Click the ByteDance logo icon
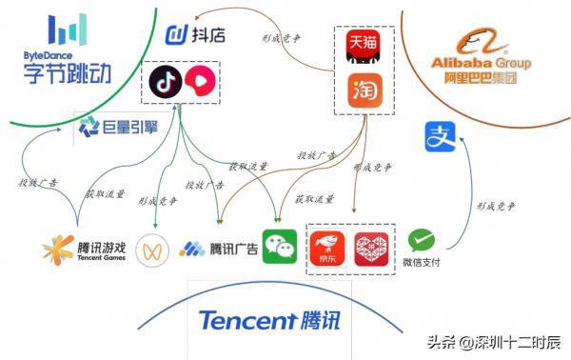(68, 30)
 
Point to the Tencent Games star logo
(58, 250)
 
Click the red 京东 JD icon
(326, 249)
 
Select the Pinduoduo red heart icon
(371, 249)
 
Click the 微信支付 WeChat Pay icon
(421, 241)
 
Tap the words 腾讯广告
(234, 250)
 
